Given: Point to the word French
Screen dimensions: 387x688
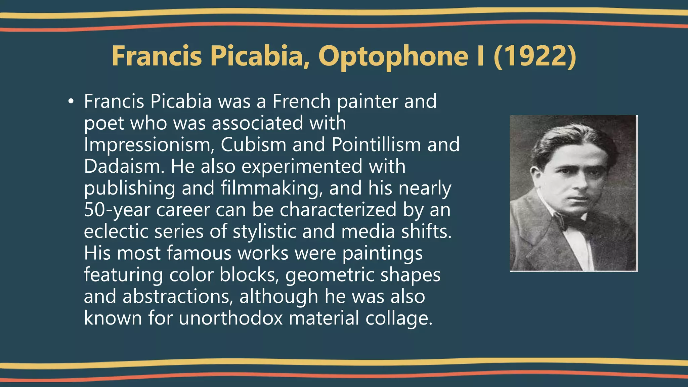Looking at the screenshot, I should pyautogui.click(x=301, y=101).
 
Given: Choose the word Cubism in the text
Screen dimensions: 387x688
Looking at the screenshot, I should pyautogui.click(x=253, y=145).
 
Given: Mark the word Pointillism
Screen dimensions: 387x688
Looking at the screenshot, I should pyautogui.click(x=376, y=145).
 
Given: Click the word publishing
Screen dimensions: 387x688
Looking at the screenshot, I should pyautogui.click(x=129, y=188).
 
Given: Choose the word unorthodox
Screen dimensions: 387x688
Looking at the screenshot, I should pyautogui.click(x=230, y=318).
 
